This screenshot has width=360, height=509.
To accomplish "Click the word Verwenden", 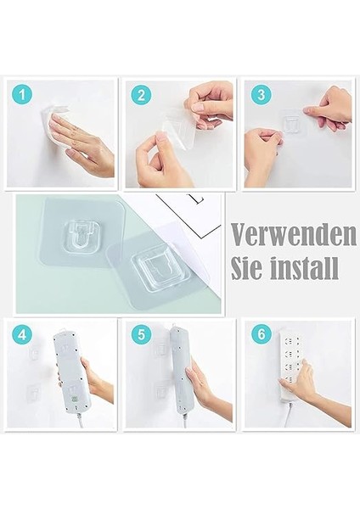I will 291,233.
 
